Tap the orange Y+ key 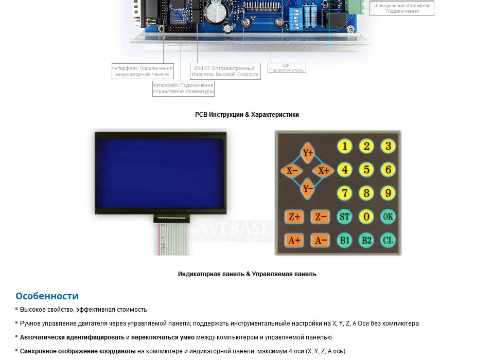[308, 153]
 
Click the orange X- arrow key [292, 171]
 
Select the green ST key [344, 217]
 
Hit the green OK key [388, 217]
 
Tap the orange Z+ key [294, 217]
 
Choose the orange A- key [321, 240]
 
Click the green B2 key [366, 240]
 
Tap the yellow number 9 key [388, 193]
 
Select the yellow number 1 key [344, 147]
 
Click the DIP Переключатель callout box [287, 68]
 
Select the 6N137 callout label [225, 71]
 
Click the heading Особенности [47, 296]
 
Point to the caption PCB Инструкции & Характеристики [247, 115]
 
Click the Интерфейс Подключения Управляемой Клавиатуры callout [183, 88]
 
